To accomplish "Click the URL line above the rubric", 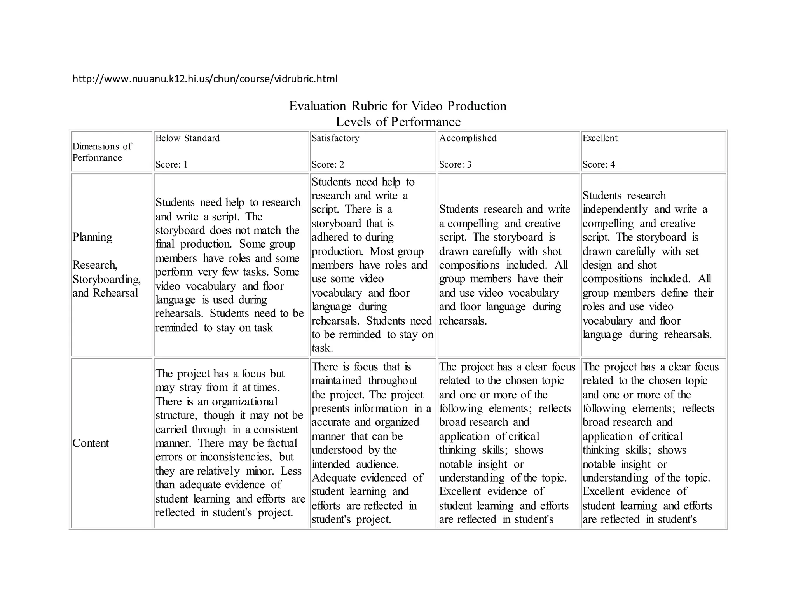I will [x=205, y=79].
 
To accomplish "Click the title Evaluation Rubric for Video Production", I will [x=398, y=106].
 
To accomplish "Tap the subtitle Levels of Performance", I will [x=398, y=122].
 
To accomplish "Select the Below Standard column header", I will [x=187, y=138].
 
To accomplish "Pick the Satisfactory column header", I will [x=335, y=138].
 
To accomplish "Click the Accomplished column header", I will [x=468, y=138].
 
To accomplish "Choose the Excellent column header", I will [x=599, y=138].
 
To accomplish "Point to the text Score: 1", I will [x=171, y=164].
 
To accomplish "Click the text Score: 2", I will [x=328, y=164].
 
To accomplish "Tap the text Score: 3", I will [x=455, y=164].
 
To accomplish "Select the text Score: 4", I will [x=599, y=164].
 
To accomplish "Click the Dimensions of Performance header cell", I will [x=102, y=152].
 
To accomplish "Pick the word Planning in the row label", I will [x=92, y=237].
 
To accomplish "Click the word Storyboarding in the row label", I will [x=106, y=279].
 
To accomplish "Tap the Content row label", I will [x=91, y=443].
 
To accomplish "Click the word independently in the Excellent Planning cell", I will [x=615, y=209].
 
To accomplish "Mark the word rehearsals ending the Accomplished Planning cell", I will [x=463, y=321].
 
